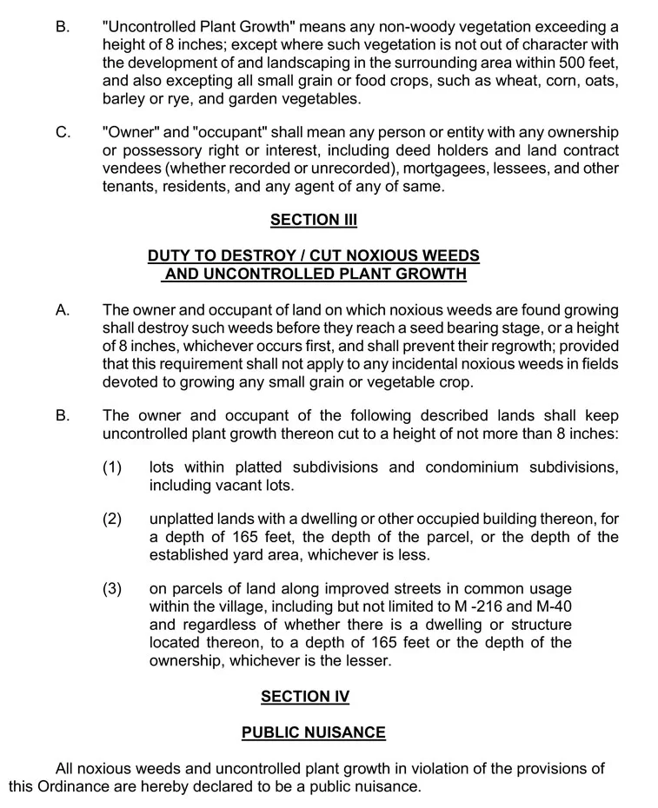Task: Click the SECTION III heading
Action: click(314, 220)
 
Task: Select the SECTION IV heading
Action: click(305, 696)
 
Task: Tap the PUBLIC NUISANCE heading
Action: click(313, 732)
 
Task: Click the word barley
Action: click(124, 99)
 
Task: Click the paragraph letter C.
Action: click(63, 132)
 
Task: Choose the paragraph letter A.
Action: click(63, 309)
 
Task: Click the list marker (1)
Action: click(112, 467)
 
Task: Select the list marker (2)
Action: click(112, 519)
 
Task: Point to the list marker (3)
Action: click(112, 588)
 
